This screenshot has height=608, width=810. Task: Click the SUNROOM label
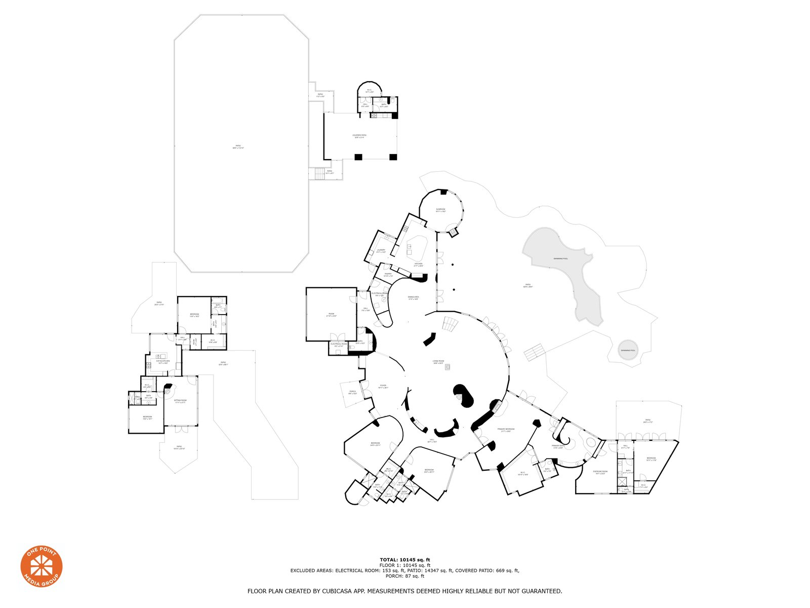(x=440, y=209)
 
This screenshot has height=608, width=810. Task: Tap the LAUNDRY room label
(x=381, y=250)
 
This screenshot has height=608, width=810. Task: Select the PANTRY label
(x=388, y=274)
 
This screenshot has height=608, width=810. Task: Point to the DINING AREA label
(x=413, y=297)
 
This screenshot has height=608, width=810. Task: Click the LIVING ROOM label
(x=438, y=361)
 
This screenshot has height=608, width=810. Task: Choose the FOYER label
(x=383, y=386)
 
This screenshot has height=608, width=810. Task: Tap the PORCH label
(x=352, y=391)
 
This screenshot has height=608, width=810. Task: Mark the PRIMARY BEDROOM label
(x=506, y=429)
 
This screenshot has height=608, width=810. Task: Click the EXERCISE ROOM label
(x=600, y=472)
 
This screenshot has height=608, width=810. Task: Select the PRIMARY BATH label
(x=558, y=446)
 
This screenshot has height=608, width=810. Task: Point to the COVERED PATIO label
(x=359, y=135)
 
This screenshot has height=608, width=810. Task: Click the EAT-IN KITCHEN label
(x=163, y=361)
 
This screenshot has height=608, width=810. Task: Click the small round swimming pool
(x=629, y=350)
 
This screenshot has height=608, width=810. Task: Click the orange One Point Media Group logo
(x=42, y=567)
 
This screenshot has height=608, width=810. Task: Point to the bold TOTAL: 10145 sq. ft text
(x=404, y=560)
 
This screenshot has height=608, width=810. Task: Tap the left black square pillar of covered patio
(x=358, y=157)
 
